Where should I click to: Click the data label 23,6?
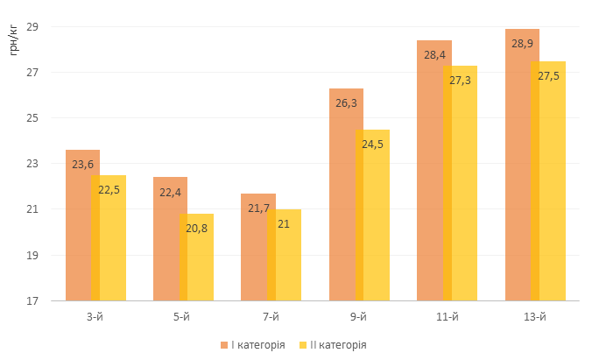pyautogui.click(x=82, y=164)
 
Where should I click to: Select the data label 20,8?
pyautogui.click(x=196, y=228)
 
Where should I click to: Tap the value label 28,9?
pyautogui.click(x=522, y=43)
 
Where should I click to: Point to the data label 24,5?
pyautogui.click(x=372, y=144)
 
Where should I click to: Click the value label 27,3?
pyautogui.click(x=460, y=80)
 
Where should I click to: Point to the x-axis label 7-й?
pyautogui.click(x=271, y=316)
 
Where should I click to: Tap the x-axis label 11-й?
pyautogui.click(x=447, y=316)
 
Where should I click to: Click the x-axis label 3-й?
pyautogui.click(x=95, y=316)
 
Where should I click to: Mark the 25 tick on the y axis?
pyautogui.click(x=32, y=118)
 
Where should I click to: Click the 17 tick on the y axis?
pyautogui.click(x=32, y=301)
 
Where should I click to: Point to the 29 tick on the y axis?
pyautogui.click(x=32, y=26)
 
